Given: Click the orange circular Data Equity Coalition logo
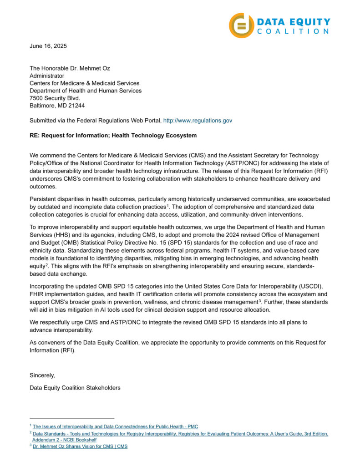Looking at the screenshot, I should tap(241, 25).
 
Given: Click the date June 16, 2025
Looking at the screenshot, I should tap(48, 46).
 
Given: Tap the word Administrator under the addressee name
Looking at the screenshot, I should tap(47, 76).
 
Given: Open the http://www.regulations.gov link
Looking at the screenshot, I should tap(198, 121).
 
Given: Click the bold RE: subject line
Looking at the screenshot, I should tap(113, 136).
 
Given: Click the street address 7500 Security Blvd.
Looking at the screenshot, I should tap(55, 98).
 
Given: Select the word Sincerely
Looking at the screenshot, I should tap(42, 375).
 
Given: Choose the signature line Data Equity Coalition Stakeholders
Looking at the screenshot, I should tap(75, 388).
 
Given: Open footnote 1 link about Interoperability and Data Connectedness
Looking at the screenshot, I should tap(115, 426).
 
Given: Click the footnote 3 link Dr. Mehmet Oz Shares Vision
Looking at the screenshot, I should tap(80, 446).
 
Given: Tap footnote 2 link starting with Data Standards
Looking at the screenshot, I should tap(180, 434).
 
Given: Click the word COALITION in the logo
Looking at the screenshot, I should tap(293, 31).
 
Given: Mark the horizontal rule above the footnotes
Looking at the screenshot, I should tap(72, 418).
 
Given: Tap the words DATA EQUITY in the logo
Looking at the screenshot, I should tap(294, 21).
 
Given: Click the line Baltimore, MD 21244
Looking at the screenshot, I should tap(57, 106).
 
